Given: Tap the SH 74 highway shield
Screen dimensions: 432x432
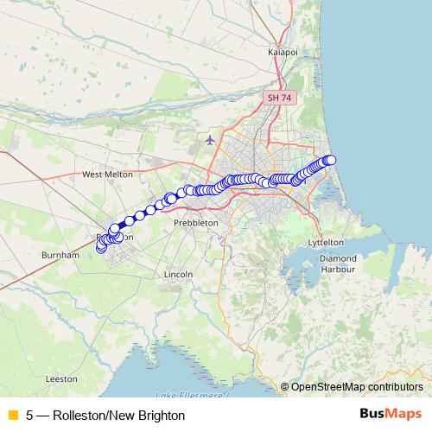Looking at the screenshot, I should point(280,98).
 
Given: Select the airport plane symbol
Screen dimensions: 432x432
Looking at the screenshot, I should point(210,139).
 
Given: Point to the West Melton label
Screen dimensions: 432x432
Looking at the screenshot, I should point(107,174).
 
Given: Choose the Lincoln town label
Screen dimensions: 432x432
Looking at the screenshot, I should point(176,274).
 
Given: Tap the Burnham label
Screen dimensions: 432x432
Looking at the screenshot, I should point(60,256).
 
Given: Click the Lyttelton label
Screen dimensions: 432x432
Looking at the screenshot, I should point(326,244).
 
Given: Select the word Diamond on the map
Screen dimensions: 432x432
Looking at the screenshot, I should point(337,258).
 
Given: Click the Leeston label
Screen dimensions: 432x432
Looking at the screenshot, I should point(61,378).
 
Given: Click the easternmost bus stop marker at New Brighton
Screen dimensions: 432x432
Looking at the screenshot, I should point(330,159).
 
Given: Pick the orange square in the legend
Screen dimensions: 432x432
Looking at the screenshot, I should point(12,416).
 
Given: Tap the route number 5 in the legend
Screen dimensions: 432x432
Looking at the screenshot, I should point(29,416).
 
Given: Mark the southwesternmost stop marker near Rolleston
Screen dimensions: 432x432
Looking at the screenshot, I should point(101,249).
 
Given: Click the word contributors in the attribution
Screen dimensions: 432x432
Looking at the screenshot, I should point(395,387).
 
